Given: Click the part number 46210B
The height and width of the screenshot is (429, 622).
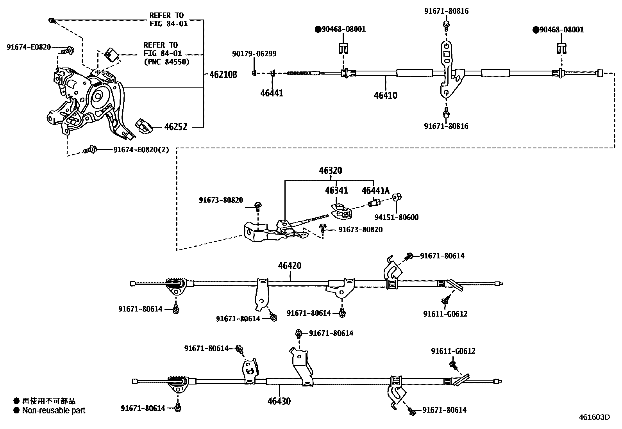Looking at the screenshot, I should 223,75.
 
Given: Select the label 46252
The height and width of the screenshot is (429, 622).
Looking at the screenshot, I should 175,126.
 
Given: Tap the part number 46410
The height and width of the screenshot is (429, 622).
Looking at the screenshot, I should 385,95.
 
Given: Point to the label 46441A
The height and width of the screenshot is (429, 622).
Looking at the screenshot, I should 375,190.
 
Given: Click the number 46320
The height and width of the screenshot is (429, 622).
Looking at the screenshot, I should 330,171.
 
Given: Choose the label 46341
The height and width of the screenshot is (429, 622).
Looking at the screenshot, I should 336,190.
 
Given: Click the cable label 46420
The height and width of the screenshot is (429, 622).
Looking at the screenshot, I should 290,265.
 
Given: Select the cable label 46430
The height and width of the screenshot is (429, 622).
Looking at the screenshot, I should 279,401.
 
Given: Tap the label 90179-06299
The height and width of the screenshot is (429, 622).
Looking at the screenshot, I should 254,54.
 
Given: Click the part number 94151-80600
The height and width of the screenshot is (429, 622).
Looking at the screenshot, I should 396,217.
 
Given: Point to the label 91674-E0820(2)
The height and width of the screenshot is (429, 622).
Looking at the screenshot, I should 141,150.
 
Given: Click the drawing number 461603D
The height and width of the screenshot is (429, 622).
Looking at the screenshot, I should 594,417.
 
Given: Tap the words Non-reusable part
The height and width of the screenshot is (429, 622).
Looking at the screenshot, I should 54,410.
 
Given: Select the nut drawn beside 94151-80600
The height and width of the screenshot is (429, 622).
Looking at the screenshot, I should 397,197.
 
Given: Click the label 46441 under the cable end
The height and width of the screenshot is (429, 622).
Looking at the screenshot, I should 272,93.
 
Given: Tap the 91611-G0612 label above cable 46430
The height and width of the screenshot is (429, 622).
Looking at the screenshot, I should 453,351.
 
